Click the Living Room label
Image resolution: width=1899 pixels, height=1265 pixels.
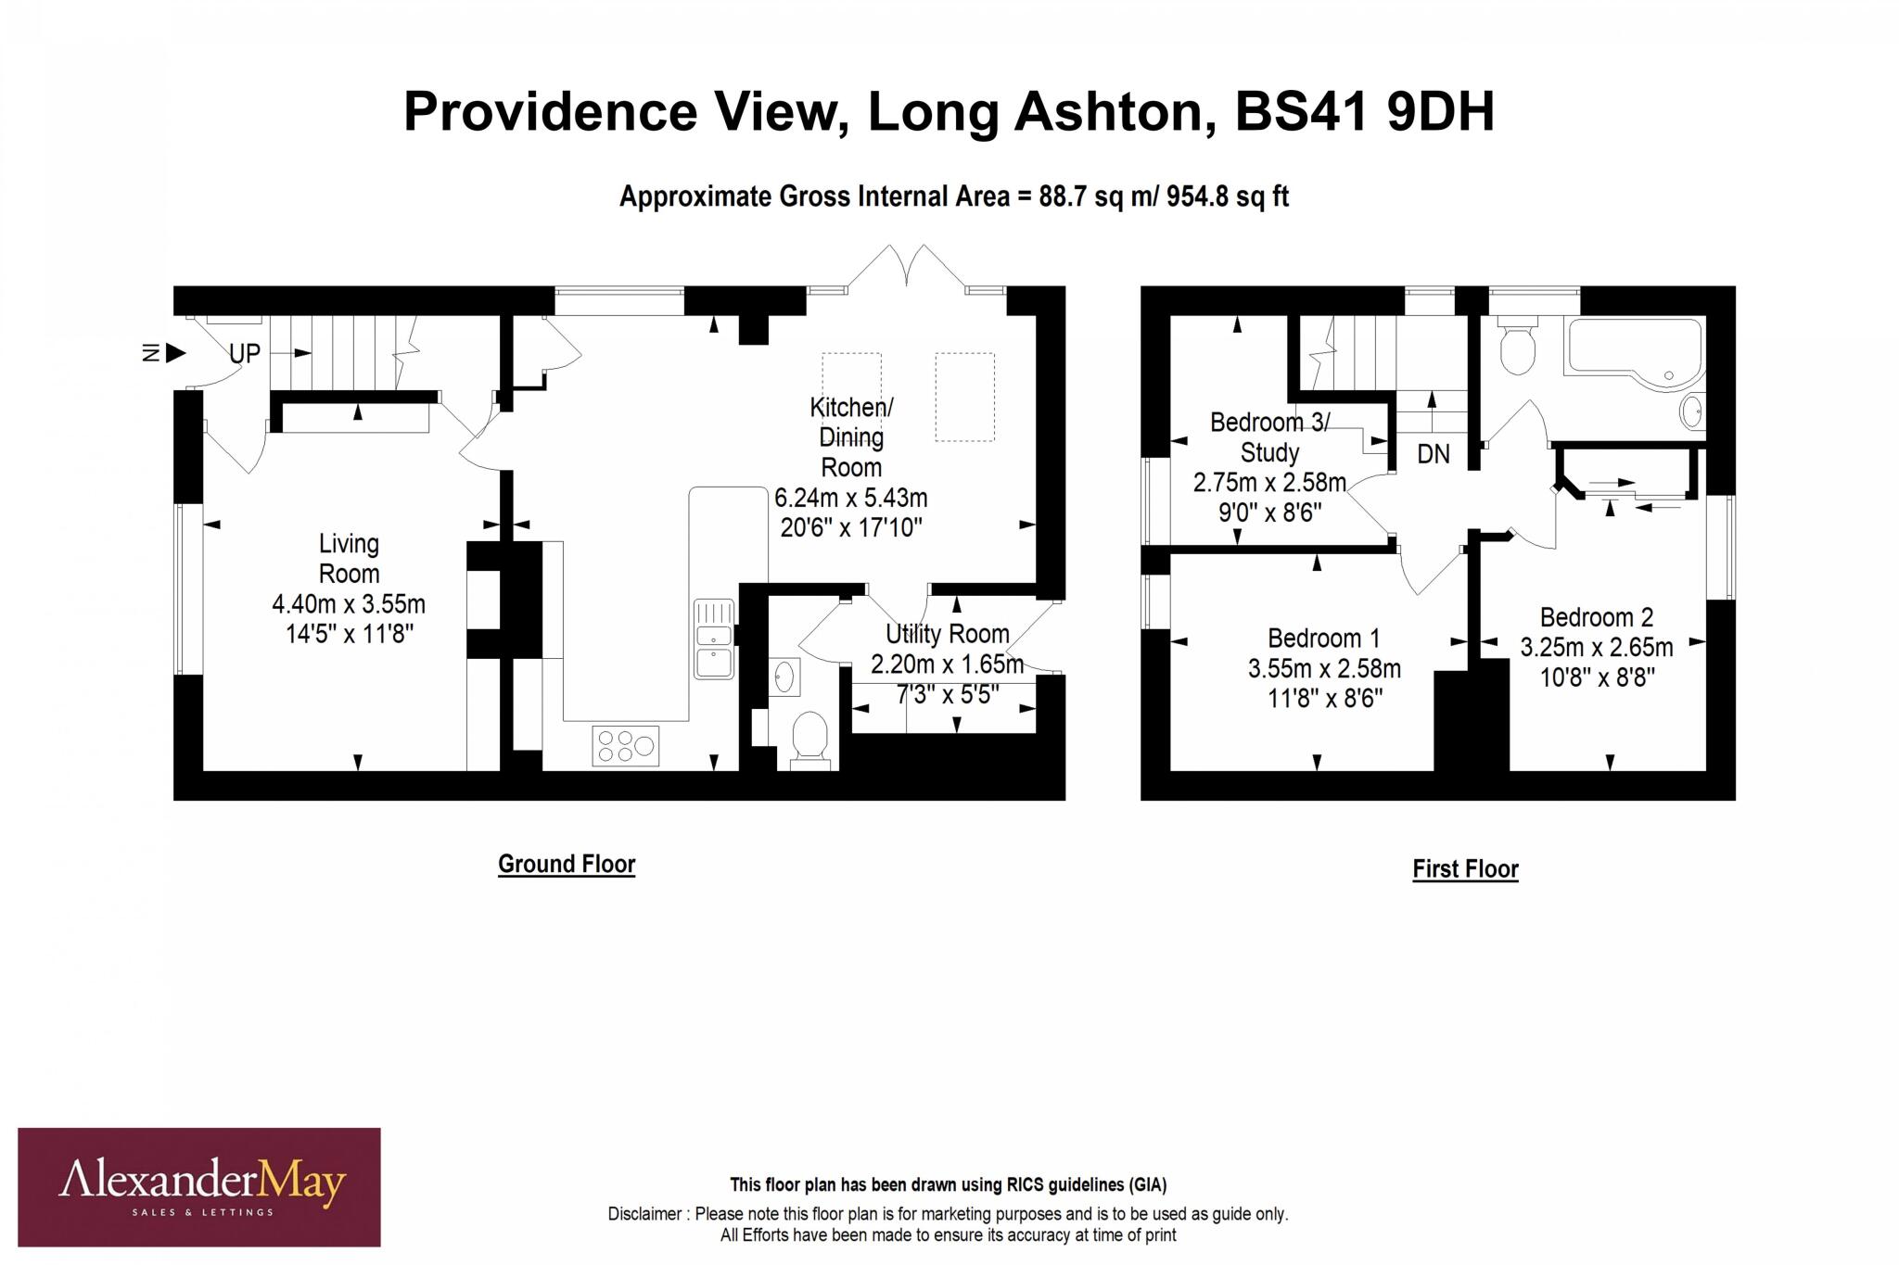point(349,558)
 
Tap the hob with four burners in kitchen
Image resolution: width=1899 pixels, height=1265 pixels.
point(626,746)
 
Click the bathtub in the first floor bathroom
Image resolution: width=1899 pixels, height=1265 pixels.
point(1633,349)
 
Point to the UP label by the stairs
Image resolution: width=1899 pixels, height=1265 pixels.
point(245,353)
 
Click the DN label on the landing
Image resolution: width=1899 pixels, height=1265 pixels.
point(1434,454)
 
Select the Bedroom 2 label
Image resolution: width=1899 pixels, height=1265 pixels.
point(1597,617)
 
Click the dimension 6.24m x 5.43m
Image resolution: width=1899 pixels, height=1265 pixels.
point(850,498)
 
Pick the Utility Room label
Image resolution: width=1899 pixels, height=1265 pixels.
point(947,634)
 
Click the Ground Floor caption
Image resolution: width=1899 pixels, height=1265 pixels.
point(567,864)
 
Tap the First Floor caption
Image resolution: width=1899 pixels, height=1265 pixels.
point(1465,869)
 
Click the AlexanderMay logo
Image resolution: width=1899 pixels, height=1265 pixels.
point(199,1187)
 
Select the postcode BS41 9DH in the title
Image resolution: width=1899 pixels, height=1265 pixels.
point(1364,112)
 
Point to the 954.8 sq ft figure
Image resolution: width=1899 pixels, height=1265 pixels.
point(1227,196)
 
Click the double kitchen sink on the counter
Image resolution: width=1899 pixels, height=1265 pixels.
point(714,639)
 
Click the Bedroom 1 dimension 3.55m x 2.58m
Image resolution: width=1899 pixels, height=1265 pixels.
point(1324,668)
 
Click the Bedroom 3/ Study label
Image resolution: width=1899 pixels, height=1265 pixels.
point(1269,437)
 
